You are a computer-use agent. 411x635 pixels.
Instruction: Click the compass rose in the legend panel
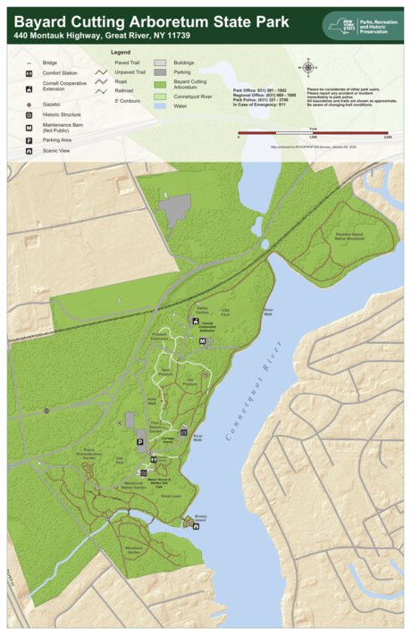tap(308, 66)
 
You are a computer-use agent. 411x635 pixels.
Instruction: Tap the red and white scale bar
tap(314, 132)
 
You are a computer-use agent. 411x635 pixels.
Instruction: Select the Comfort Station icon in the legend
tap(29, 72)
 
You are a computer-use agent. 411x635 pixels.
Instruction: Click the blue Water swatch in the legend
tap(160, 105)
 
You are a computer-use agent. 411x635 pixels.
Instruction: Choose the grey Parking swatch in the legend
tap(160, 72)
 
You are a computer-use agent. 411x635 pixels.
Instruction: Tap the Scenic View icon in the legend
tap(29, 150)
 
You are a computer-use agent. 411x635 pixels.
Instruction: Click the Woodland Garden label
tap(134, 551)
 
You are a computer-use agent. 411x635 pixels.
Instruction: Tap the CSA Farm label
tap(224, 313)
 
